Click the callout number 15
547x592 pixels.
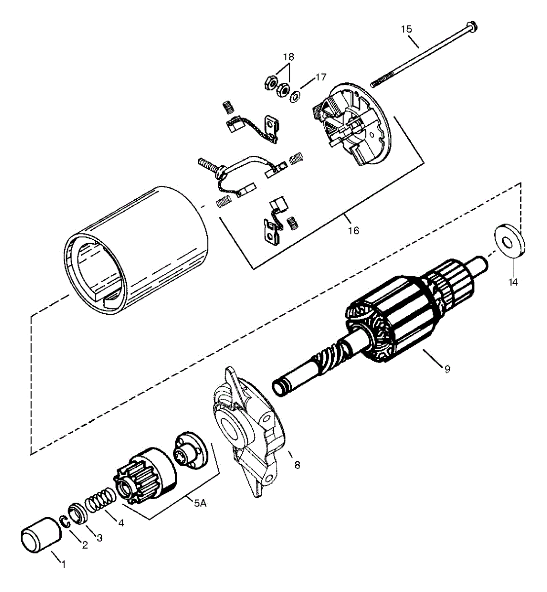(x=406, y=29)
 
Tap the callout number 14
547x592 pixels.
(x=513, y=282)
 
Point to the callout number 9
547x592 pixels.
(x=447, y=369)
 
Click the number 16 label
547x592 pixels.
(x=353, y=230)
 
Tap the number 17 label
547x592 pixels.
(x=321, y=77)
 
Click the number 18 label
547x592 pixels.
(x=289, y=57)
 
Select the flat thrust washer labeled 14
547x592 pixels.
(x=508, y=241)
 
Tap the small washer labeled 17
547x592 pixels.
(x=295, y=95)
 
